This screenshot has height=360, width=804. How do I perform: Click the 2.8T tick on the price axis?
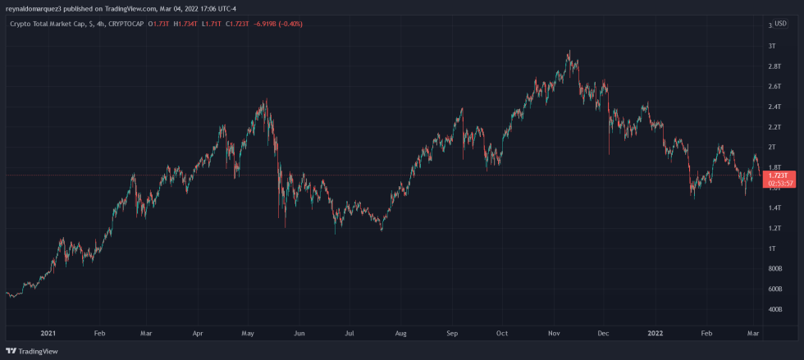[x=773, y=66]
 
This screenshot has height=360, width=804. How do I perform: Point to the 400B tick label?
[x=774, y=309]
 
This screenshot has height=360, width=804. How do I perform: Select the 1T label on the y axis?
[x=771, y=248]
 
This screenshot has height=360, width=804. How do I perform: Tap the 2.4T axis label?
[x=773, y=107]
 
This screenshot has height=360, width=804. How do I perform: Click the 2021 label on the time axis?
[x=48, y=334]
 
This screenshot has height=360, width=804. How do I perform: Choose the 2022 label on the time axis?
[x=656, y=334]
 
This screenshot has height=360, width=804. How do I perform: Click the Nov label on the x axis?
[x=554, y=334]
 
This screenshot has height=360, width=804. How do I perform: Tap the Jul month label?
[x=349, y=334]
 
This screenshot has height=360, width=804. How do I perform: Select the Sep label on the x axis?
[x=452, y=334]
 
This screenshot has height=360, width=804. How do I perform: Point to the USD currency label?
[x=780, y=24]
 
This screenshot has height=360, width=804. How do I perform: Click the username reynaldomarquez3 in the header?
[x=35, y=8]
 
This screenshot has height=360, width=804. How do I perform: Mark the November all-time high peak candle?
[x=569, y=51]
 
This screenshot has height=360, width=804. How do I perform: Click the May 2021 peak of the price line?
[x=264, y=101]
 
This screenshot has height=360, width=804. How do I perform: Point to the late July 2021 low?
[x=382, y=231]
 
